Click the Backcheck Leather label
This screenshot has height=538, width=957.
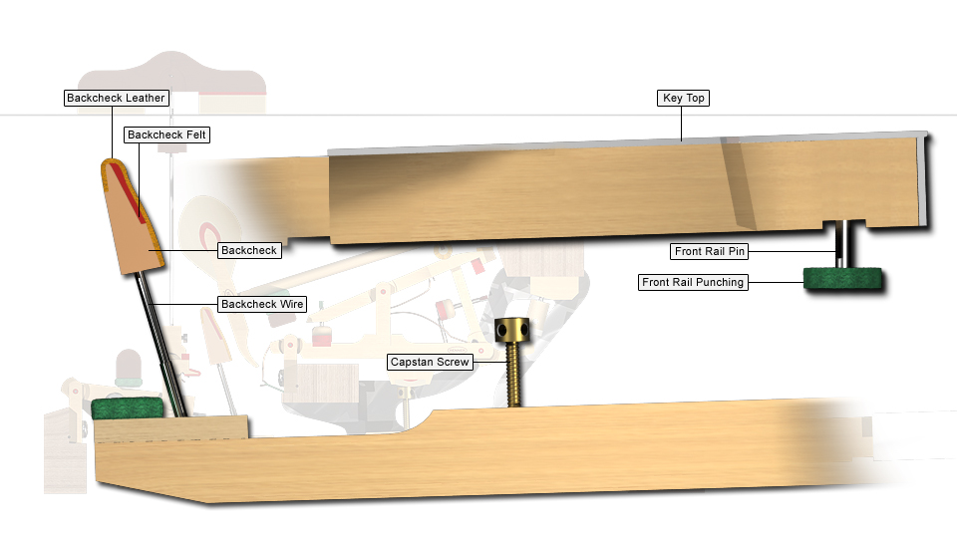(x=116, y=98)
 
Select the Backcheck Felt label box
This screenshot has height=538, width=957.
(x=166, y=134)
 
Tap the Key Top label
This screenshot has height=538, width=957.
(x=683, y=98)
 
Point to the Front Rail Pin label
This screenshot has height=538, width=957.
(x=709, y=251)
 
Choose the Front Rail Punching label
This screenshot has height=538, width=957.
(x=693, y=282)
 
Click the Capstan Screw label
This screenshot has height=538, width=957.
(x=430, y=362)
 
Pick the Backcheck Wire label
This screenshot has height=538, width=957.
(x=262, y=304)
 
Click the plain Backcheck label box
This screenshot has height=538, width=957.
(x=249, y=250)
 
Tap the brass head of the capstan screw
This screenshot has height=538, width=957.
(x=512, y=330)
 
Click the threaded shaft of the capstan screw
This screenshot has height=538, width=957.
(x=514, y=375)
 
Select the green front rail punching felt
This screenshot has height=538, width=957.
(x=842, y=278)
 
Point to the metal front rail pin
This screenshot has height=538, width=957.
(x=840, y=244)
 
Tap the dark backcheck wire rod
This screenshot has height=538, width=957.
(x=160, y=345)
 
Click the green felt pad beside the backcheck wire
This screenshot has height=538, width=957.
(x=128, y=408)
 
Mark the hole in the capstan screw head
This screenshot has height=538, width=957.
(x=502, y=331)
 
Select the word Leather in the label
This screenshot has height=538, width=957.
(x=146, y=98)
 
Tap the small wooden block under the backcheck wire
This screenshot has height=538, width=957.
(x=171, y=428)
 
